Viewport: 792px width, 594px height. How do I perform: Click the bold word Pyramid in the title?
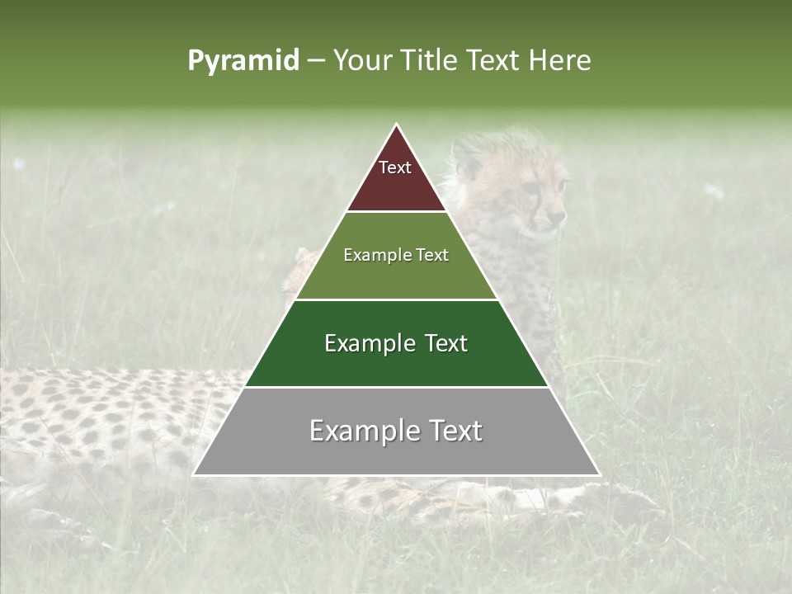point(243,61)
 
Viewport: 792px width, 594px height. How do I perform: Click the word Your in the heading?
point(361,61)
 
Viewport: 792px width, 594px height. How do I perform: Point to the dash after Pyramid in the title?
point(316,61)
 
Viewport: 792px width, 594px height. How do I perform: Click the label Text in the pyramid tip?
point(395,167)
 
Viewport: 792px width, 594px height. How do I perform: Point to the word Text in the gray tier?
point(454,431)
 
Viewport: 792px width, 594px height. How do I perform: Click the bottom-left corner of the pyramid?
point(194,474)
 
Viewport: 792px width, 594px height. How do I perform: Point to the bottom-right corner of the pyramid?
point(599,474)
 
